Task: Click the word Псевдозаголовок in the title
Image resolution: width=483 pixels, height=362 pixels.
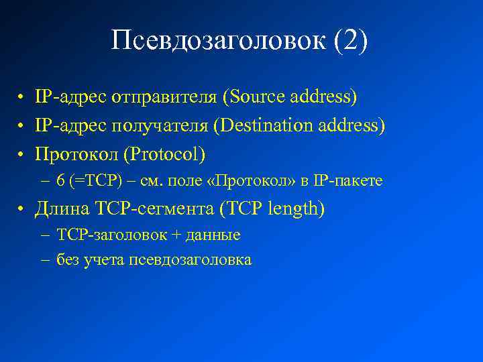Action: pos(216,41)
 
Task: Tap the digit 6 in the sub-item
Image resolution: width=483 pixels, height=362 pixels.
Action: pos(60,181)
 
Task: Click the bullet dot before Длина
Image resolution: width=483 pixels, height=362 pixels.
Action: pos(22,210)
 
